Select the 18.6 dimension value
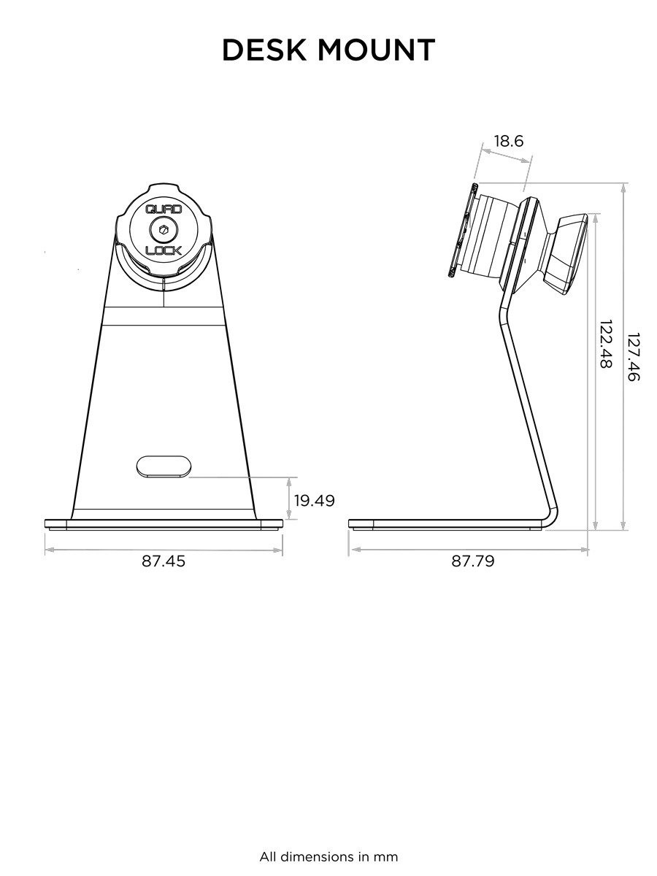coord(508,141)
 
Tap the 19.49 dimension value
coord(314,500)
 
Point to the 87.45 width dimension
coord(164,561)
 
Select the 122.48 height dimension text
coord(605,343)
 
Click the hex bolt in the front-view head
coord(164,230)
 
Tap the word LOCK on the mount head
coord(164,250)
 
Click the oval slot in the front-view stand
coord(164,466)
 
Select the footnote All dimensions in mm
coord(328,856)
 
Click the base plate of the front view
coord(164,523)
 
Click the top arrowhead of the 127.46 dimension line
coord(623,188)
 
